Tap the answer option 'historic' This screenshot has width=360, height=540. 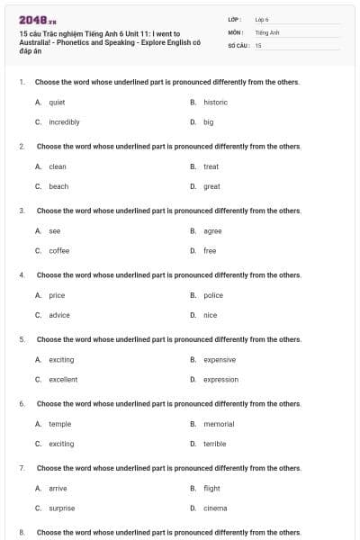[215, 103]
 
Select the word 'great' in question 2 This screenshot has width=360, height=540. [211, 186]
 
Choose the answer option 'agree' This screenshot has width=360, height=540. [212, 231]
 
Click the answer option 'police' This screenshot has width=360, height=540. [213, 295]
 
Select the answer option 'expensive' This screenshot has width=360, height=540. [220, 359]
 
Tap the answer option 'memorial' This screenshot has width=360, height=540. [219, 424]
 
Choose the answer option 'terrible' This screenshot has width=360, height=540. [215, 444]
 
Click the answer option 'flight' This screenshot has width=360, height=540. [211, 488]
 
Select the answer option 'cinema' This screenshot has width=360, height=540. [215, 508]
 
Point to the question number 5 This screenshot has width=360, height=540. [22, 339]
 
